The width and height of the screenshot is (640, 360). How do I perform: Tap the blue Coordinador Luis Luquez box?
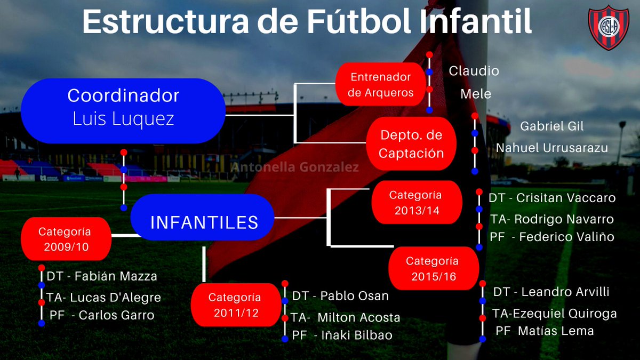123,111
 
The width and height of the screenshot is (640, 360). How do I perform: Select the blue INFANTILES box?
203,221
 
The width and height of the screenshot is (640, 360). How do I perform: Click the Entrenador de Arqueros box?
381,85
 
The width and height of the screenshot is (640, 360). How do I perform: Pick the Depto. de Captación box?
411,144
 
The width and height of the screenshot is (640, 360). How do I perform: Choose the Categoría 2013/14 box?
415,203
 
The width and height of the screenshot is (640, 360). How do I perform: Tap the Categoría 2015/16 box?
432,269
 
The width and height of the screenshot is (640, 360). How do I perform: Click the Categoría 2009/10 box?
65,239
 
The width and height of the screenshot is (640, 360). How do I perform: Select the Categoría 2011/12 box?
235,305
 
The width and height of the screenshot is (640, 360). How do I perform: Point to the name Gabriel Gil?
552,126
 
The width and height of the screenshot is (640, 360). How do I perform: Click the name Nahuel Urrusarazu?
552,148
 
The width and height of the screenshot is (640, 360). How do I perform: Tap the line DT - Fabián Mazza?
102,276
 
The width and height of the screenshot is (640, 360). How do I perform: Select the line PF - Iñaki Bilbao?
342,335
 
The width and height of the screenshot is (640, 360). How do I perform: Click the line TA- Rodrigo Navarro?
552,219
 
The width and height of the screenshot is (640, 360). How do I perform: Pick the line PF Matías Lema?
545,331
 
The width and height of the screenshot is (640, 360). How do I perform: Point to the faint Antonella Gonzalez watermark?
294,167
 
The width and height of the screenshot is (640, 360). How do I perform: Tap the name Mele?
476,94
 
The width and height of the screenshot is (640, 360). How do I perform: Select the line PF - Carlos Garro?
102,315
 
